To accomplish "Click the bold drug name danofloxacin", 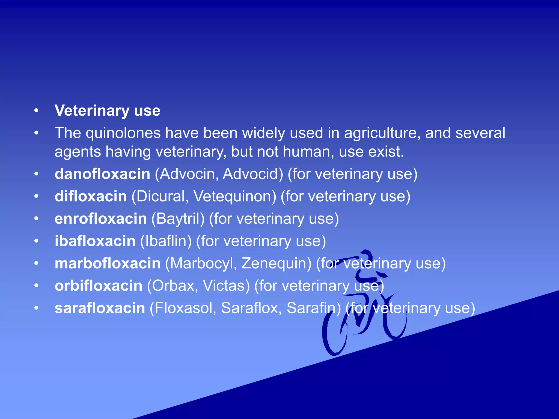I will [102, 174].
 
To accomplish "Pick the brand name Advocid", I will [252, 174].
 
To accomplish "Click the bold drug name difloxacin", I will [91, 196].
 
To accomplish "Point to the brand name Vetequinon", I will [234, 196].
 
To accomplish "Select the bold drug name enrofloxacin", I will [101, 219].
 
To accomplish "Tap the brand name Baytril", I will [178, 219].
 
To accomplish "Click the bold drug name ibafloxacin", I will [95, 241].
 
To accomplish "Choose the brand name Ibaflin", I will [166, 241].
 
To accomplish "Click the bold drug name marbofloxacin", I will [108, 264].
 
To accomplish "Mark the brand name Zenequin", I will [276, 264].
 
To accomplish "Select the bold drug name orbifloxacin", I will [99, 286].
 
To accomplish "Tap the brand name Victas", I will [226, 286].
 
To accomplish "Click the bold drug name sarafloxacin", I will [100, 308].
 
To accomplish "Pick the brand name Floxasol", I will [183, 308].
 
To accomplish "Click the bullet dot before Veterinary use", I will [36, 111].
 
